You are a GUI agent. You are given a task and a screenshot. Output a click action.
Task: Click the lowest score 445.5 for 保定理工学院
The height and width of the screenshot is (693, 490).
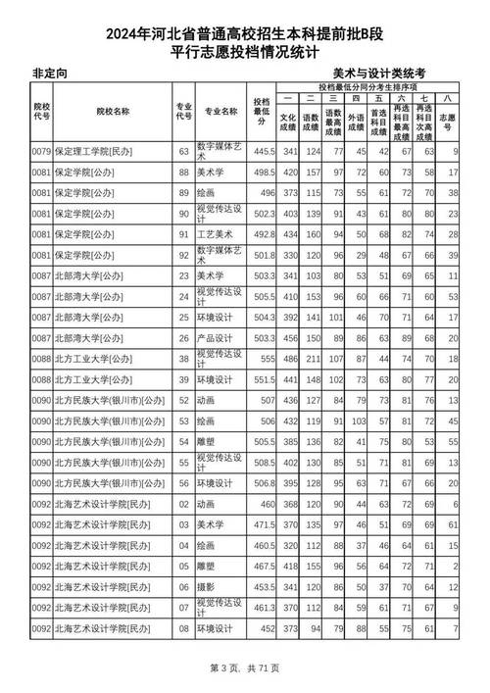[262, 152]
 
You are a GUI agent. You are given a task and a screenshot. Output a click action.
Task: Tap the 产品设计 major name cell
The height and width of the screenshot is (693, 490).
[218, 338]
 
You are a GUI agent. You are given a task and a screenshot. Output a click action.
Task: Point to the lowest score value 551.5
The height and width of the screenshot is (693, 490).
[262, 379]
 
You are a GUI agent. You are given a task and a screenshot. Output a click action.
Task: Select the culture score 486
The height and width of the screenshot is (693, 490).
[290, 359]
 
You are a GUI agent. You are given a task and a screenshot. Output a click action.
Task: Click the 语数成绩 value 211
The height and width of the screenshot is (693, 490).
[314, 359]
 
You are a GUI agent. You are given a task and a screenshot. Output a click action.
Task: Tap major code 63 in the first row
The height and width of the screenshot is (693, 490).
[183, 152]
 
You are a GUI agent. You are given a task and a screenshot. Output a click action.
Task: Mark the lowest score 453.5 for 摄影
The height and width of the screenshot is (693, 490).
[262, 586]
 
